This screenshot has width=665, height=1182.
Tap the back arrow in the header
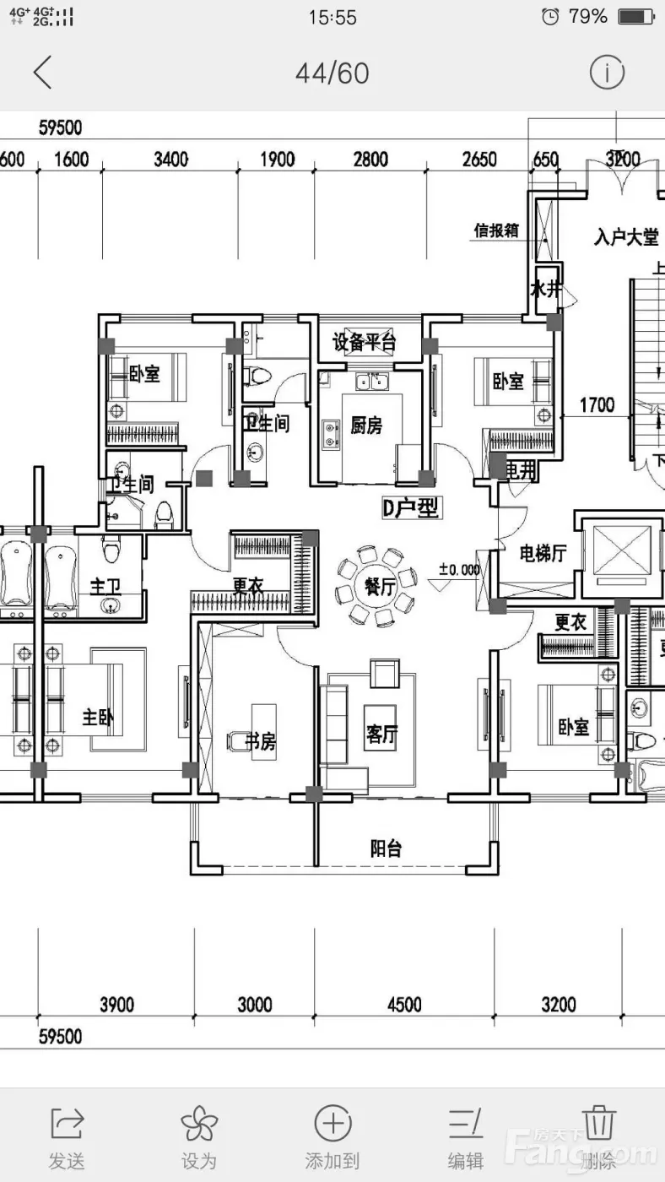point(43,73)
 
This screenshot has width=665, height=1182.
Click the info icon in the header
point(606,73)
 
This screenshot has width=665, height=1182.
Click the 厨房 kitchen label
point(366,426)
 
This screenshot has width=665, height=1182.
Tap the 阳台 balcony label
point(386,849)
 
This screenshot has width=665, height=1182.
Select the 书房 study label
point(260,741)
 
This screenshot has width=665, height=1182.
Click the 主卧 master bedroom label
point(98,718)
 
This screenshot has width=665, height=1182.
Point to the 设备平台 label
point(365,343)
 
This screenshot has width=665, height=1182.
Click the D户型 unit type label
point(411,507)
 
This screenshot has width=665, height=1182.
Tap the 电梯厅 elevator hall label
point(543,554)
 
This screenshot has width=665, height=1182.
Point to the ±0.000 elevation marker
point(459,570)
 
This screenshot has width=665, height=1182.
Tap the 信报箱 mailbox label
point(496,230)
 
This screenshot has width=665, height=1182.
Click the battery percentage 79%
point(587,16)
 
